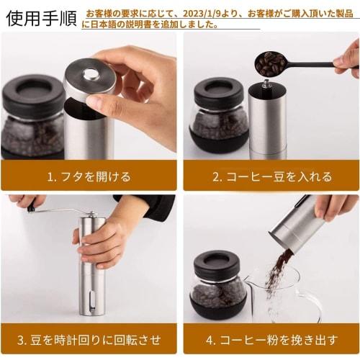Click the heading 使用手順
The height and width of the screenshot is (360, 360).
coord(40,17)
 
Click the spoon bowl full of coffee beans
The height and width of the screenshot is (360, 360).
coord(270,63)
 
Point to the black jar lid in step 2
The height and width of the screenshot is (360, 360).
coord(218,91)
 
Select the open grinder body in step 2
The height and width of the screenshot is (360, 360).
coord(267,119)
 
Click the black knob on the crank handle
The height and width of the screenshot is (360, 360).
coord(31,208)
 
